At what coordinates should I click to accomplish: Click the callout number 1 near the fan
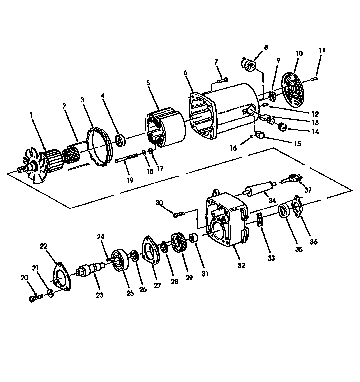click(x=31, y=114)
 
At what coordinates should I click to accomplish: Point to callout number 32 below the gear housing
click(x=241, y=265)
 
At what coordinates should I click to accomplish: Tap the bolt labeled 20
click(x=34, y=299)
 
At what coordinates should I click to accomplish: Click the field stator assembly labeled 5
click(x=165, y=129)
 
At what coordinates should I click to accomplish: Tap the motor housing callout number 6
click(x=185, y=73)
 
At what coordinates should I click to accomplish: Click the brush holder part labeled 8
click(x=249, y=65)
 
